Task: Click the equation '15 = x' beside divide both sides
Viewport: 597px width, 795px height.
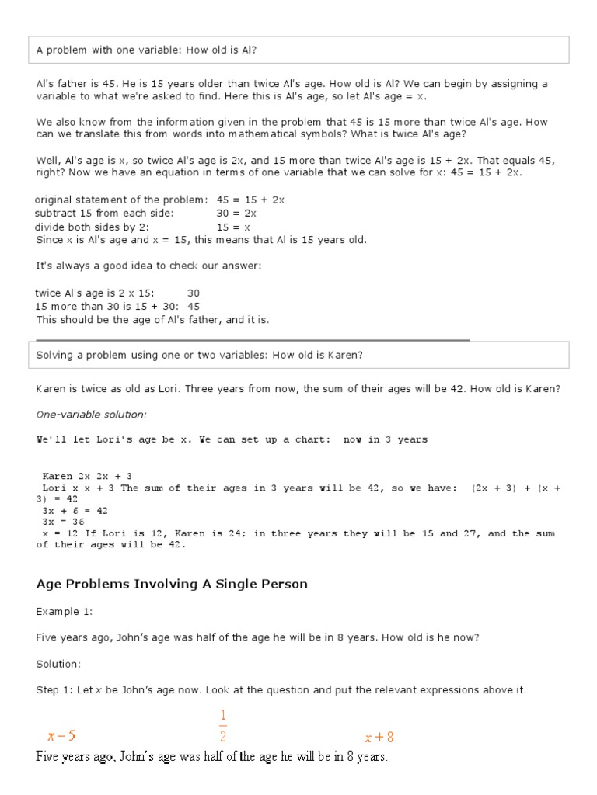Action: [233, 227]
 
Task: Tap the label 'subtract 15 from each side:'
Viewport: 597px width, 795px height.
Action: [104, 214]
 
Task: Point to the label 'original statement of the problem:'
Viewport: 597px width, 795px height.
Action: [121, 200]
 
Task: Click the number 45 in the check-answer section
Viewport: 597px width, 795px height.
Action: [194, 307]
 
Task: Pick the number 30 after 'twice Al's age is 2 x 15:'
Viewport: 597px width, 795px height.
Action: [194, 293]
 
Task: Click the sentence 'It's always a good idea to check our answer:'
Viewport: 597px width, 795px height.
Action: [148, 266]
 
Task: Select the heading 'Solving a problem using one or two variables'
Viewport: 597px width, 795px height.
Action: [200, 355]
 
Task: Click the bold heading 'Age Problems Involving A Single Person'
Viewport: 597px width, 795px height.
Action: [172, 584]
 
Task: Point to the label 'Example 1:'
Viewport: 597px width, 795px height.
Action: [64, 612]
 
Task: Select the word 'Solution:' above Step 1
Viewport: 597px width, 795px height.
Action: [58, 665]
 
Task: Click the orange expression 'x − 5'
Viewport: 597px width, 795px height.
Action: [61, 736]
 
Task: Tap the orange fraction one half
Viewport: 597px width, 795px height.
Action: [222, 726]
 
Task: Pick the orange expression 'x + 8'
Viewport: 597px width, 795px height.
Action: [379, 738]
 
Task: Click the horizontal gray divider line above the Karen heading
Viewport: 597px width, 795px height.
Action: [253, 339]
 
